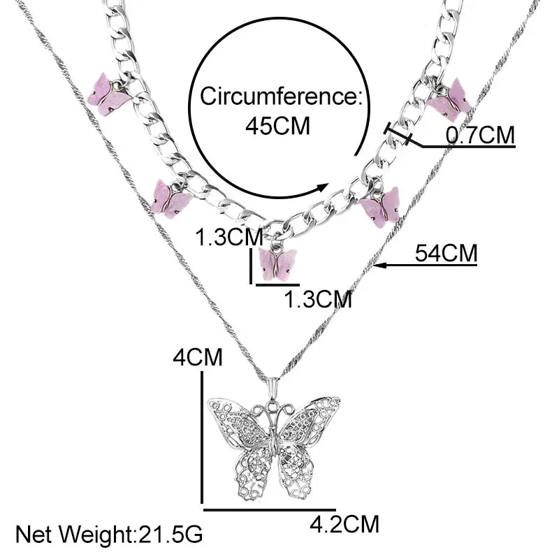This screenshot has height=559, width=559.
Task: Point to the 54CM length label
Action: [x=446, y=252]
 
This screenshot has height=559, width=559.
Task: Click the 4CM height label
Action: [x=199, y=358]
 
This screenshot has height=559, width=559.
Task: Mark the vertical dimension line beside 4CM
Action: [x=203, y=437]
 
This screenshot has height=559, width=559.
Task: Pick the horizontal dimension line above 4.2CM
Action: [x=269, y=508]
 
